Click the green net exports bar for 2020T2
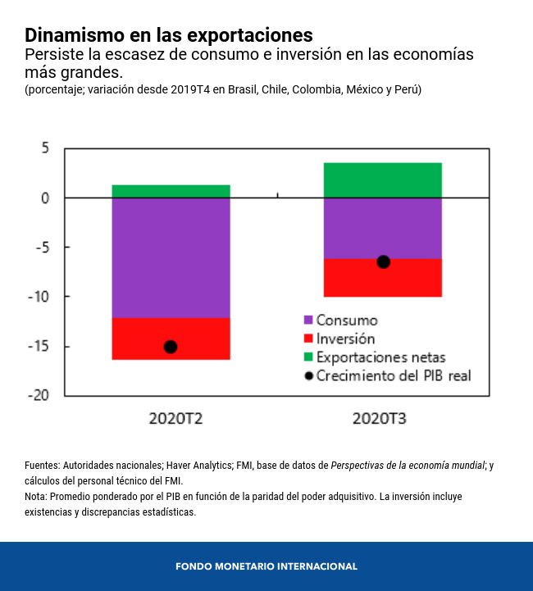[171, 191]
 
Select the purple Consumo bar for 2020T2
[171, 257]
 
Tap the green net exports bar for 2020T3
[383, 180]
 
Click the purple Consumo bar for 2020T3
[383, 228]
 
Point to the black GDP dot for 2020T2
[171, 347]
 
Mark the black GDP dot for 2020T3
[383, 261]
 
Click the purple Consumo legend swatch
[308, 321]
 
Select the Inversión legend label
[345, 339]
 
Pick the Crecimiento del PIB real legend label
[393, 376]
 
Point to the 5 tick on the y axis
[45, 148]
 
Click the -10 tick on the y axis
[39, 297]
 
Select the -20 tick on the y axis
[39, 395]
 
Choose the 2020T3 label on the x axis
[380, 419]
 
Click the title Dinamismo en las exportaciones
[168, 35]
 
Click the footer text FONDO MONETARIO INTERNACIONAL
[266, 566]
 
